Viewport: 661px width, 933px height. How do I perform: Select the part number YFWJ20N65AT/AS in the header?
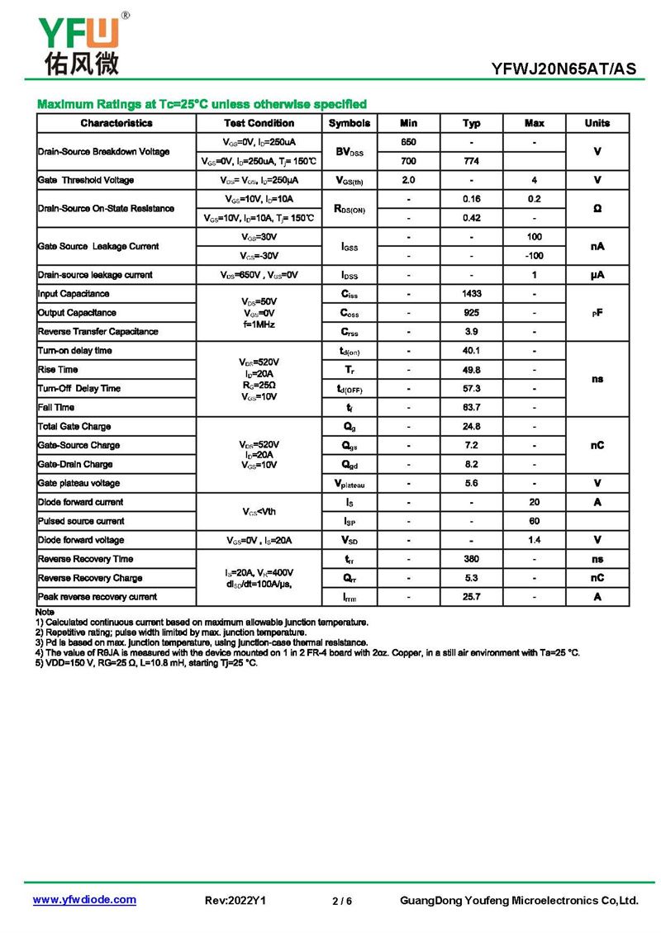(x=564, y=69)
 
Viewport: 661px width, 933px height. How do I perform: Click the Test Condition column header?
(x=259, y=123)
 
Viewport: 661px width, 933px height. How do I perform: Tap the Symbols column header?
(x=350, y=123)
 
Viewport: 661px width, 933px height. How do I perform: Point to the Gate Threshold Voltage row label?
(x=86, y=180)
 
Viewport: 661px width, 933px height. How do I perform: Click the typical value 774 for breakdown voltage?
(x=471, y=161)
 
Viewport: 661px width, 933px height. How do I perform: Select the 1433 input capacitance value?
(x=471, y=294)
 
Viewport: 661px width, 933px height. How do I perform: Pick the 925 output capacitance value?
(x=471, y=313)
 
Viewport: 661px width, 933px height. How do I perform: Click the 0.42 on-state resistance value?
(x=471, y=218)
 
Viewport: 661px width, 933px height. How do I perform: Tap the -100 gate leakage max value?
(x=534, y=256)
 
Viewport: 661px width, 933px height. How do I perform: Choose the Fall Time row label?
(x=56, y=407)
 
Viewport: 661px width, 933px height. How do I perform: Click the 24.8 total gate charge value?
(x=471, y=426)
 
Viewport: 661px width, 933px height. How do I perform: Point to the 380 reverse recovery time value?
(x=471, y=559)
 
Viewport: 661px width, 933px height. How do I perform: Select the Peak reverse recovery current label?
(x=97, y=597)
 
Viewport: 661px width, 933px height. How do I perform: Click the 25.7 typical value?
(x=471, y=597)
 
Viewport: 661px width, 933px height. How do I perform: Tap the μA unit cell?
(x=597, y=275)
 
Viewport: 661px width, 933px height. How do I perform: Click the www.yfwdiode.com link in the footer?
(x=84, y=900)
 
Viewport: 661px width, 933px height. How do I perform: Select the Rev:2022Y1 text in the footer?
(x=235, y=901)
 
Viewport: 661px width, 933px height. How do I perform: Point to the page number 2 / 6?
(x=341, y=901)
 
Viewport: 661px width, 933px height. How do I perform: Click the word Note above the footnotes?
(x=45, y=611)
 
